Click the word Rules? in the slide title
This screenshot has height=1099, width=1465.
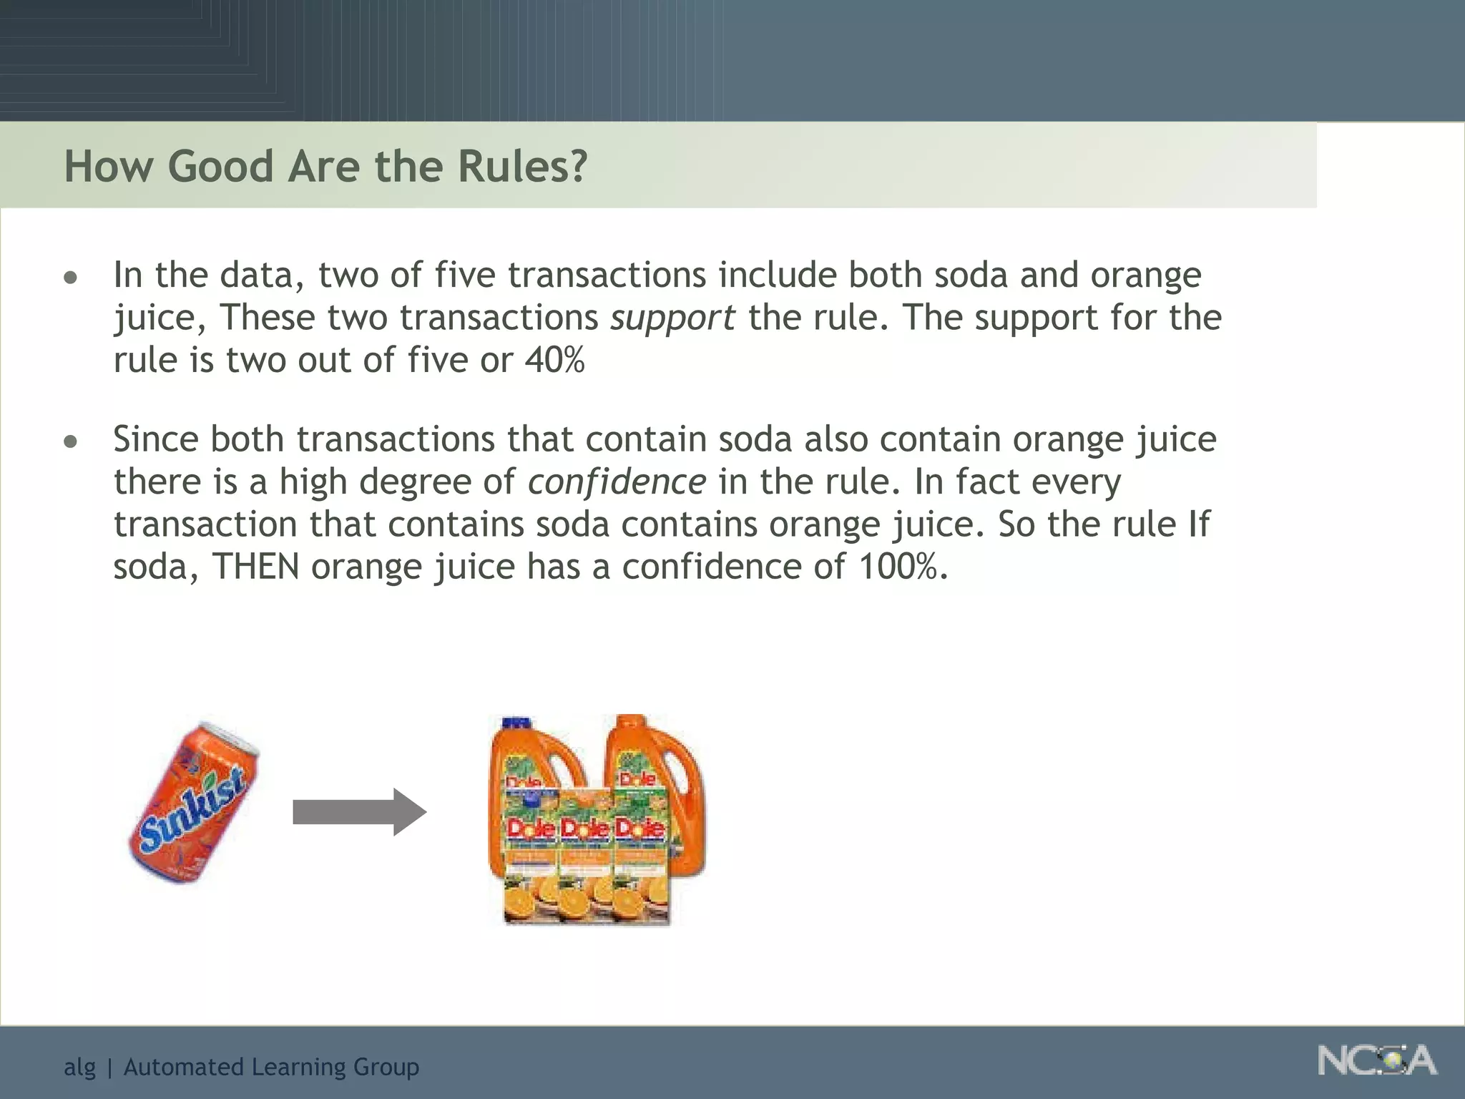(x=522, y=167)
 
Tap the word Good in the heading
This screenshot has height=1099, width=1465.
(x=220, y=167)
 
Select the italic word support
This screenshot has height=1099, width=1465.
(x=672, y=318)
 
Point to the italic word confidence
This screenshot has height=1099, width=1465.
(x=617, y=482)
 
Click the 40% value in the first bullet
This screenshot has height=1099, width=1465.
(x=554, y=360)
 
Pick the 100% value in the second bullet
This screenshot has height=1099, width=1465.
(x=902, y=567)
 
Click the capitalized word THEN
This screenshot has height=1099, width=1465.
(x=255, y=567)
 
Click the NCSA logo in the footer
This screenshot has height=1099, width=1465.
(x=1376, y=1060)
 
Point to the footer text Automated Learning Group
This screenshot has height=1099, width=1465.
(x=271, y=1067)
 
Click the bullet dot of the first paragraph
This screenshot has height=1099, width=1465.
(x=70, y=278)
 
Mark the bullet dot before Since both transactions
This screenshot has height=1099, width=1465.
(x=70, y=441)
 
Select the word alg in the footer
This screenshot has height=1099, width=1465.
(x=79, y=1068)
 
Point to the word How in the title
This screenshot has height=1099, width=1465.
(x=108, y=167)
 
